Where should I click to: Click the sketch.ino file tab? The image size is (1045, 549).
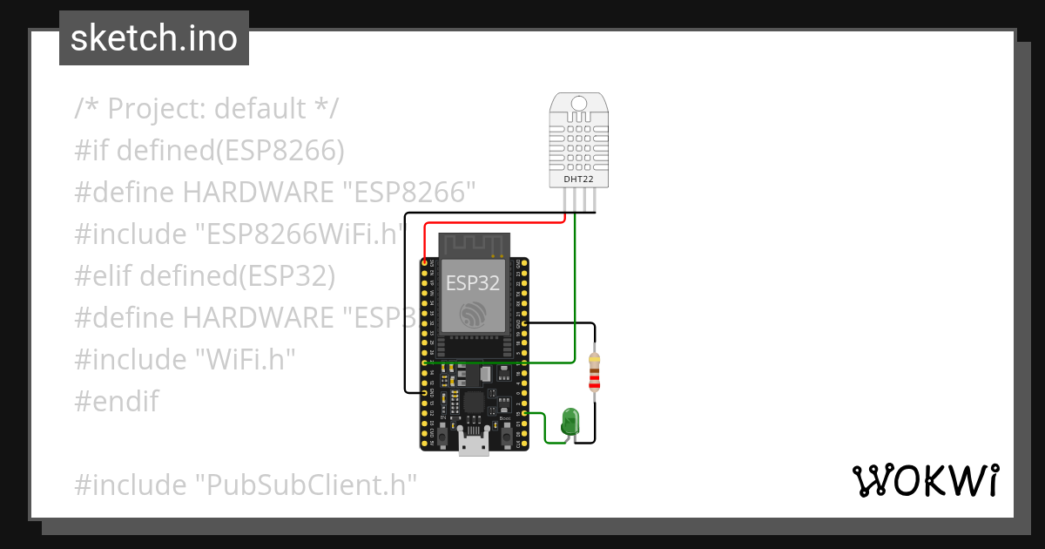154,38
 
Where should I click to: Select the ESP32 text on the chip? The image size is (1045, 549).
473,283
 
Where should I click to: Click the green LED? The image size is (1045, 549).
570,421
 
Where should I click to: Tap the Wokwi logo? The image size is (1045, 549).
925,480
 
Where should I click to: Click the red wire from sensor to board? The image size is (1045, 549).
488,223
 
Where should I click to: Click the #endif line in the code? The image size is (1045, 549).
117,401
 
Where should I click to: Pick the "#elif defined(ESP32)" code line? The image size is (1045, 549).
205,275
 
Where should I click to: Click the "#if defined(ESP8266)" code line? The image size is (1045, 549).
210,151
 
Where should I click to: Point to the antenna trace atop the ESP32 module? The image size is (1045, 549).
471,244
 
